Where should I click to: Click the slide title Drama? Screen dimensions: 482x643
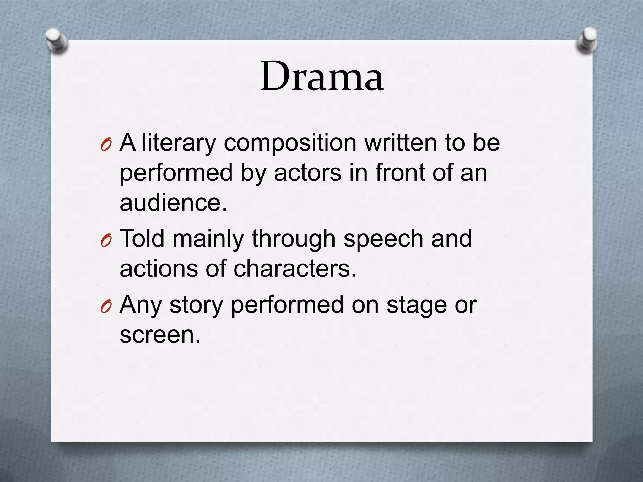pos(322,77)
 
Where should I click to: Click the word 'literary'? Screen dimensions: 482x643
pos(179,143)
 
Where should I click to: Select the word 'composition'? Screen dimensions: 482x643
pos(290,143)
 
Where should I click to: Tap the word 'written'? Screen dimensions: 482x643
pos(400,142)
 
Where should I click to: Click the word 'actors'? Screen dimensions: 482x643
pos(307,173)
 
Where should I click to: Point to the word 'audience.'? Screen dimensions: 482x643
pos(173,202)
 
